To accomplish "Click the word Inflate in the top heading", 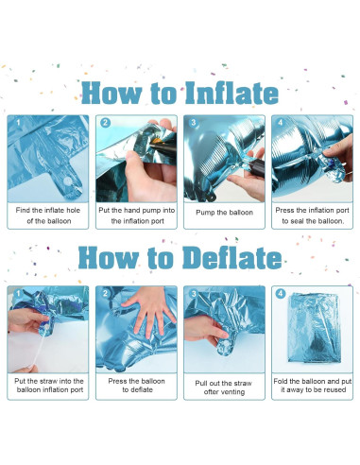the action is click(231, 93).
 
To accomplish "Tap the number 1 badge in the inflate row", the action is click(18, 123).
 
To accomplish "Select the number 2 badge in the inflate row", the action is click(106, 123).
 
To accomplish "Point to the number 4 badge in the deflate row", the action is click(281, 294).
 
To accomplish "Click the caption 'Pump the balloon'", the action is click(224, 213).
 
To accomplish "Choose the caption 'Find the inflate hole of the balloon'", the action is click(48, 215).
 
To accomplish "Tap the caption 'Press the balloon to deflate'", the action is click(137, 386).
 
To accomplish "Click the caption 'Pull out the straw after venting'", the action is click(224, 387).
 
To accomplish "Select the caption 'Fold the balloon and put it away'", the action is click(313, 386).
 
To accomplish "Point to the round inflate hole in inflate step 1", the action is click(68, 181).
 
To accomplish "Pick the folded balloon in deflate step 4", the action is click(314, 328).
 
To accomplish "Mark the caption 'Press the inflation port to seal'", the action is click(312, 215).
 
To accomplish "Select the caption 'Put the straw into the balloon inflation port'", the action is click(49, 386).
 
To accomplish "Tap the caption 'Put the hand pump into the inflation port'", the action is click(137, 215).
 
